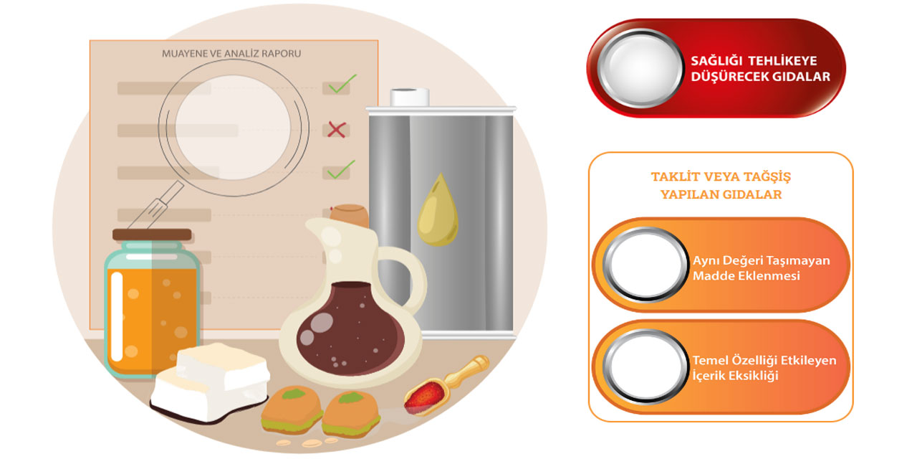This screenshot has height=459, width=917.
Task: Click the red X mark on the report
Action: point(337,130)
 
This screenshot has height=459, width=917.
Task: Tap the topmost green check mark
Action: point(342,84)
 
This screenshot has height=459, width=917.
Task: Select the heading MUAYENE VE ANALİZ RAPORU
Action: point(231,54)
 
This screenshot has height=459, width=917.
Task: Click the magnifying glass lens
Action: point(233,128)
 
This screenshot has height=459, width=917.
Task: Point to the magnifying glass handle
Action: point(156,205)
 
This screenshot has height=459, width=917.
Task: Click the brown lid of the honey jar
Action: point(152,235)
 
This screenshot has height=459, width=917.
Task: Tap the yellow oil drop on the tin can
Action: point(438,210)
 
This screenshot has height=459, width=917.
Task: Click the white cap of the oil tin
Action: point(409,97)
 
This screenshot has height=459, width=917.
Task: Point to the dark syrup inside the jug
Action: point(350,328)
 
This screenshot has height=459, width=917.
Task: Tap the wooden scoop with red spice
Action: point(446,385)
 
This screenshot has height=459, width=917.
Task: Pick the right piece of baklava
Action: point(351,414)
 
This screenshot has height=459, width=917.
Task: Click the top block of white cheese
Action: point(223,366)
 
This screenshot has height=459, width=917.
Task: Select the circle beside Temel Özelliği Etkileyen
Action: point(645,366)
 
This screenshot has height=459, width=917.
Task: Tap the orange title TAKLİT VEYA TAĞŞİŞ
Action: point(721,176)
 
